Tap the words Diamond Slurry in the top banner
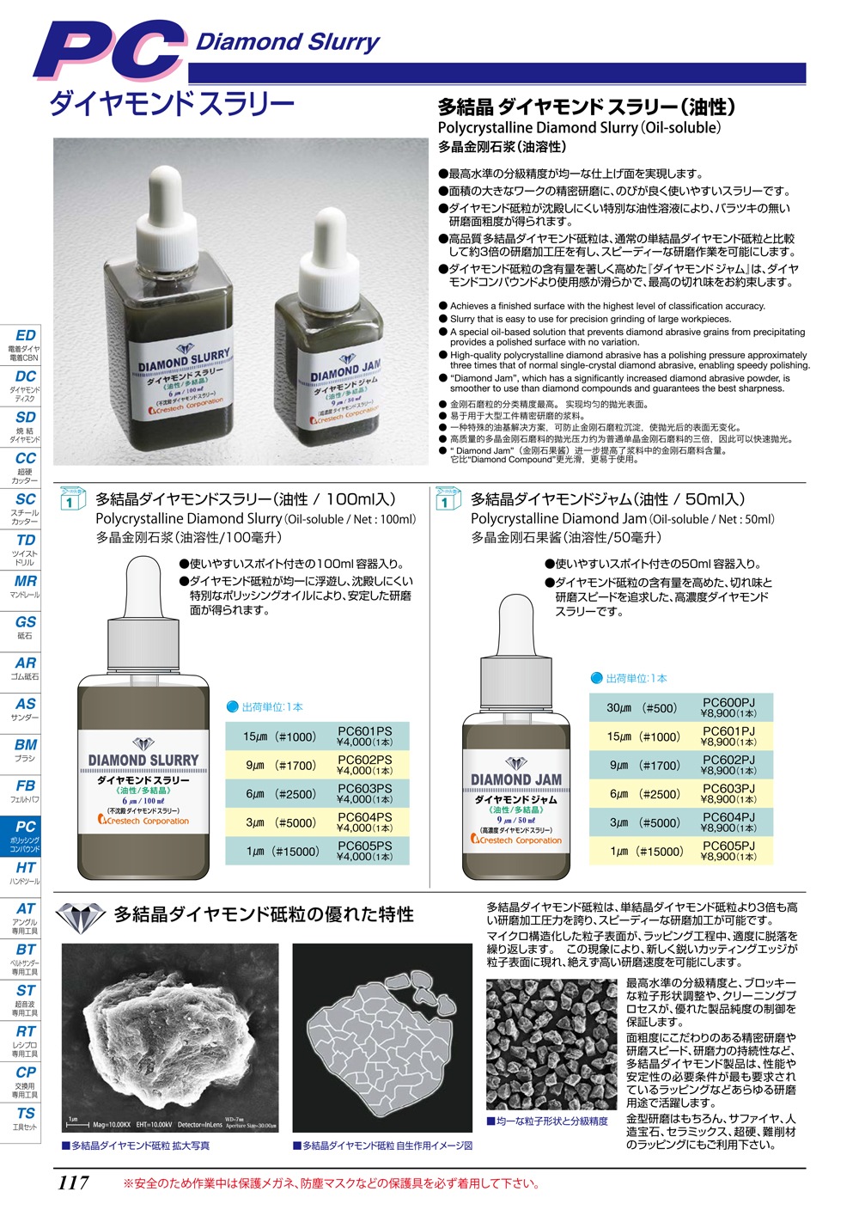click(x=288, y=41)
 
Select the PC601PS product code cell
click(x=364, y=736)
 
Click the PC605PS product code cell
click(x=364, y=851)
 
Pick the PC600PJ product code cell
click(x=728, y=708)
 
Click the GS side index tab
click(x=25, y=626)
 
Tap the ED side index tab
click(x=25, y=340)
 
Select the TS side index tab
click(x=25, y=1117)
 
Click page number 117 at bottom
click(x=73, y=1182)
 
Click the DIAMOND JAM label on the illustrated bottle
click(x=515, y=779)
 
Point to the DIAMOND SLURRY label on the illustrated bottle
click(x=143, y=760)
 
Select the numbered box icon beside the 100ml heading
click(x=71, y=498)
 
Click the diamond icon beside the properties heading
click(x=81, y=916)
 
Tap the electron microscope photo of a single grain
click(x=170, y=1038)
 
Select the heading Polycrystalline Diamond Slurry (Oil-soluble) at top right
click(x=579, y=127)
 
